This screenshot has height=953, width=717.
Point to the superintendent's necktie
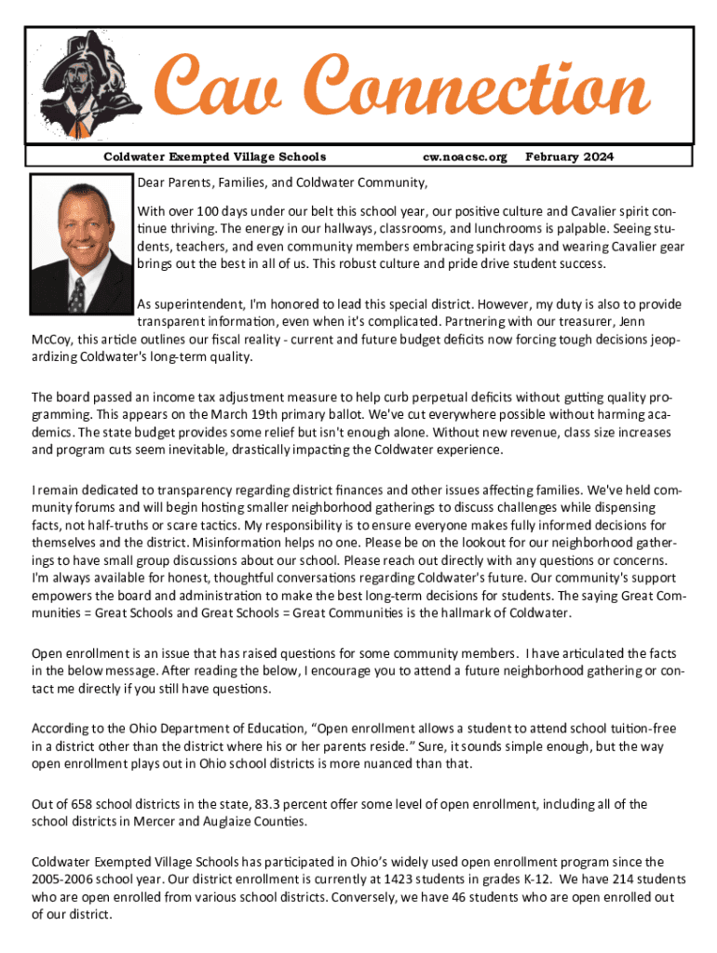(x=77, y=293)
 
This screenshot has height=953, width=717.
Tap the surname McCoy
(x=52, y=340)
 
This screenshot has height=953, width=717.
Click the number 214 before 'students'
(x=625, y=879)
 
